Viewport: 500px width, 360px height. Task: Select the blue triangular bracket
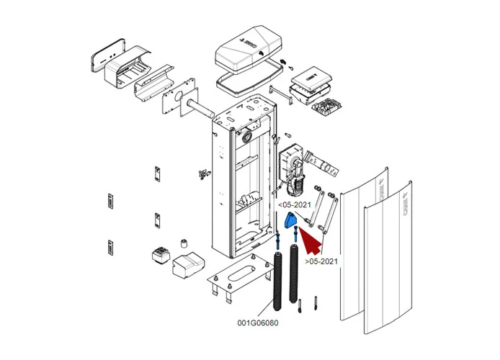290,220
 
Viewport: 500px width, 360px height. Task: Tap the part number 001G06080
257,323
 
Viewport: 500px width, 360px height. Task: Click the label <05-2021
295,204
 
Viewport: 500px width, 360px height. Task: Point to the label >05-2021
321,261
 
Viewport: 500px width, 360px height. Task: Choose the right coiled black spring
295,274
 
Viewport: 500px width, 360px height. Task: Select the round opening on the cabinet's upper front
247,135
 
